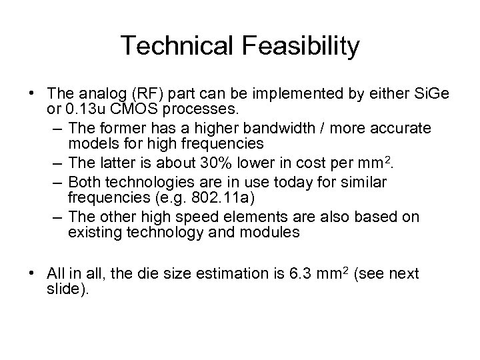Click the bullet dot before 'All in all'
(x=35, y=273)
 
